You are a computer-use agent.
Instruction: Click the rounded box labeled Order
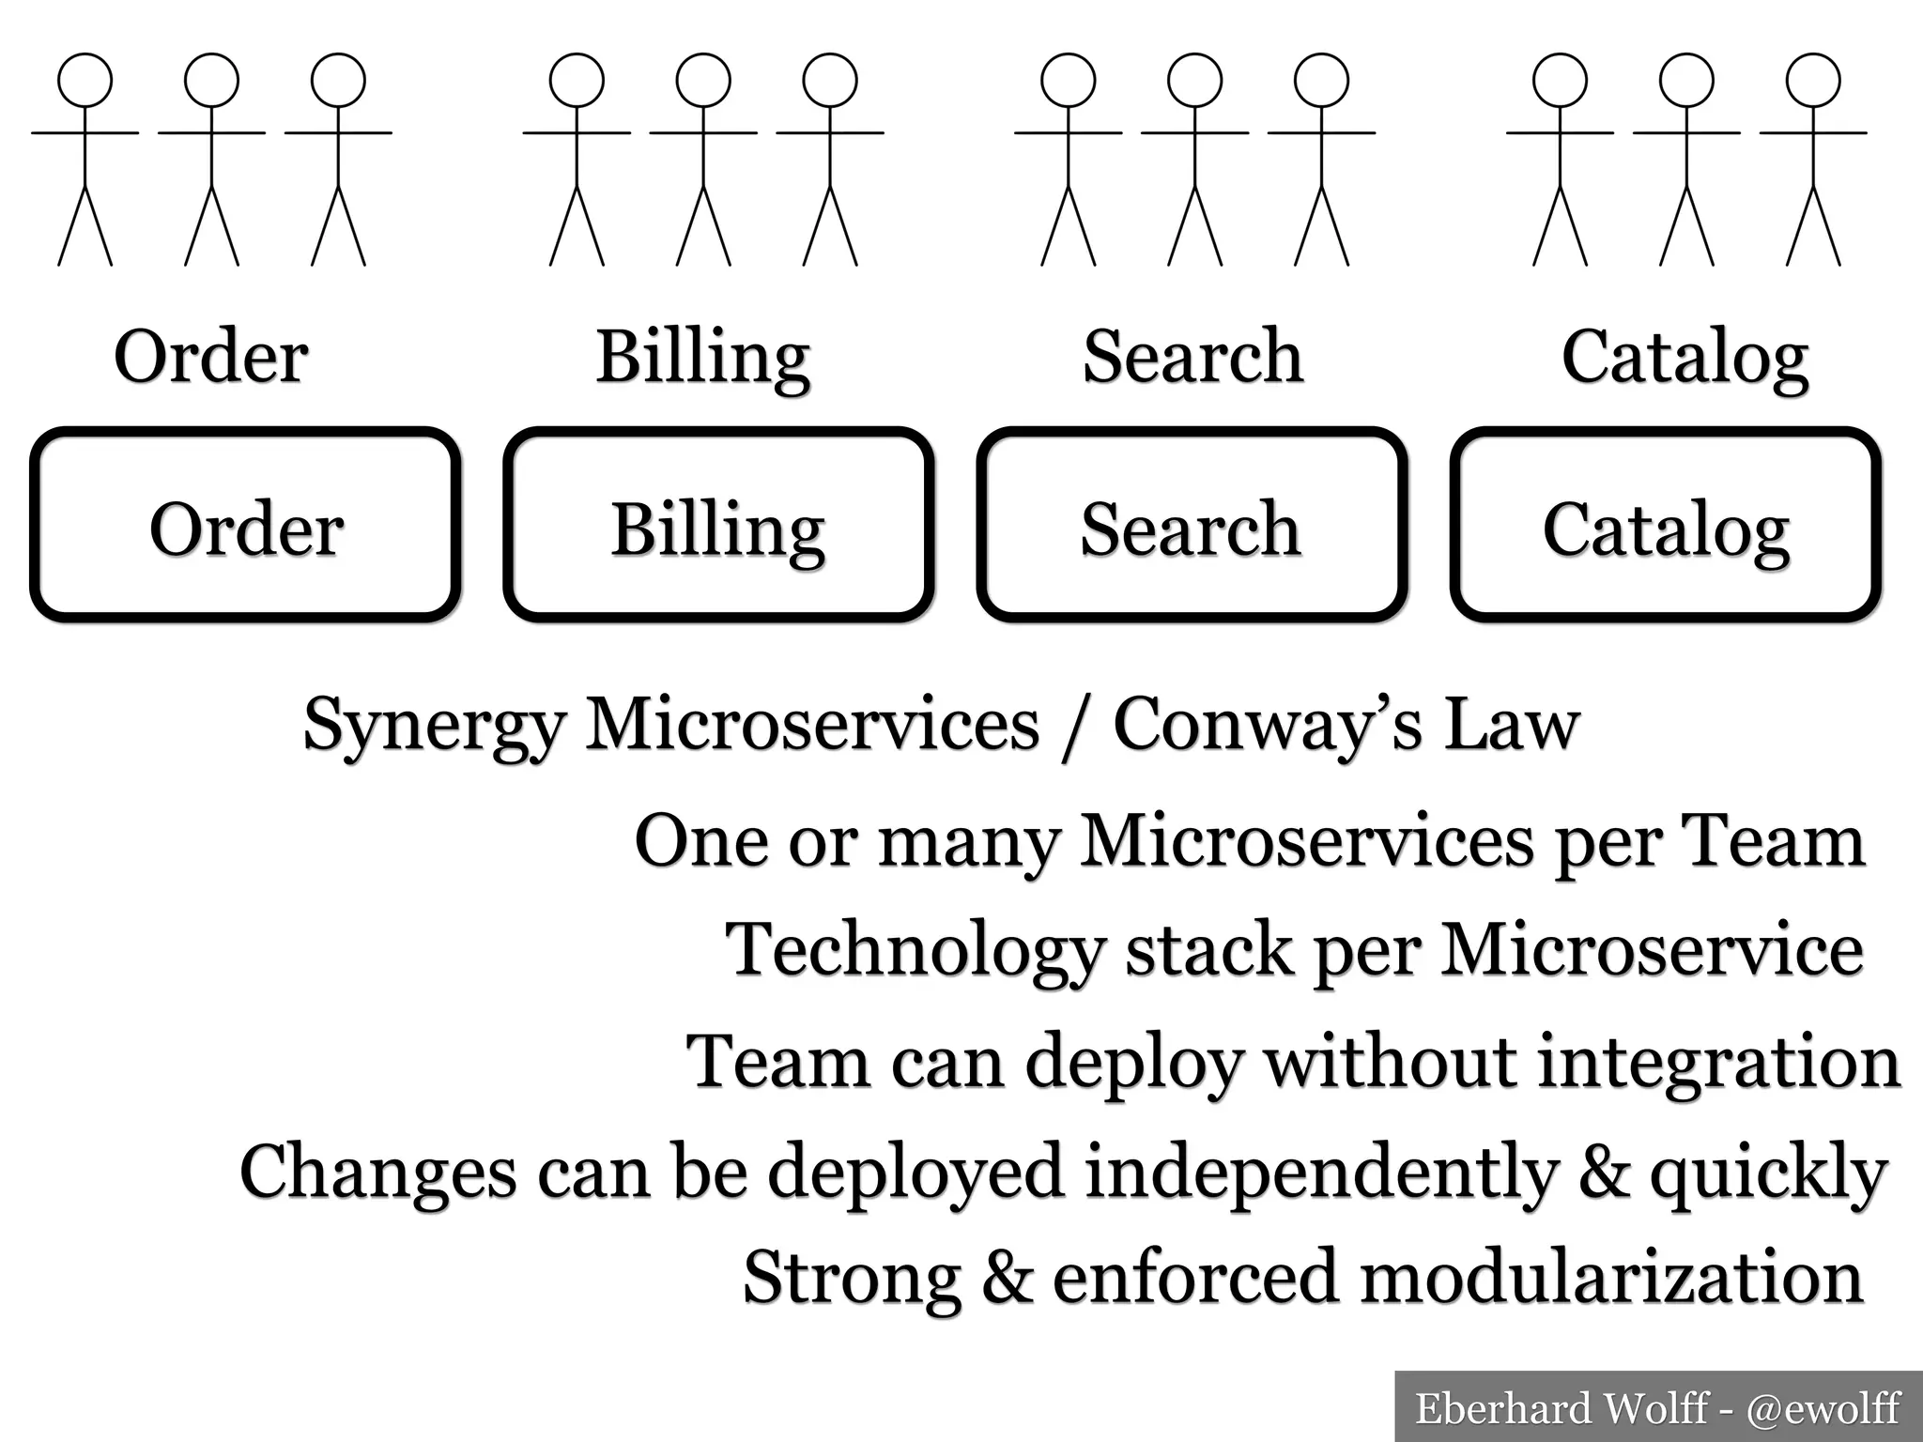click(x=245, y=526)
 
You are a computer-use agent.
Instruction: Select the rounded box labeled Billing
click(x=718, y=526)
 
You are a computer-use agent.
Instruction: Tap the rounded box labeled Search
click(x=1192, y=526)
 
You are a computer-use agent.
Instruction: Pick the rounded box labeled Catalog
click(x=1665, y=526)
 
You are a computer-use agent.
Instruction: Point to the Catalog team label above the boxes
click(x=1685, y=359)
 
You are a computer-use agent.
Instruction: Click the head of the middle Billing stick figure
click(x=703, y=80)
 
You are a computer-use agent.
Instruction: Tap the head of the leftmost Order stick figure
click(x=85, y=80)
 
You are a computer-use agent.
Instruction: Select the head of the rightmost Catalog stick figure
click(x=1813, y=80)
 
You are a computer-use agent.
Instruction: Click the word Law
click(x=1511, y=725)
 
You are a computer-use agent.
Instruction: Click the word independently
click(x=1321, y=1174)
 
